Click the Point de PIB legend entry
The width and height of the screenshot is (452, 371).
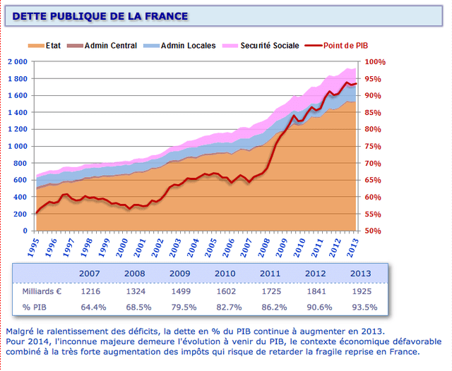(345, 46)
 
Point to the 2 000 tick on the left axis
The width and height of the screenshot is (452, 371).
(17, 62)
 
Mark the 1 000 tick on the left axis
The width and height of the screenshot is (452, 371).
(17, 146)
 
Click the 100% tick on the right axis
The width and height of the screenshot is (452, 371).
(375, 62)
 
